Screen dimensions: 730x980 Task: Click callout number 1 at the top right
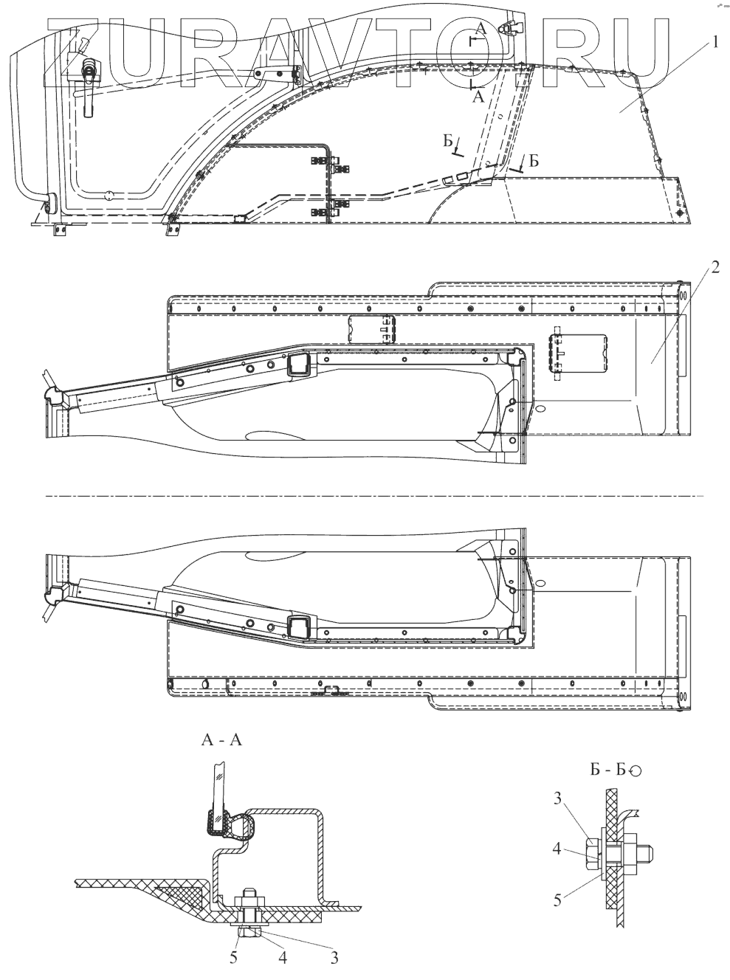tap(714, 44)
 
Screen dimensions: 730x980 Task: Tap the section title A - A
tap(221, 742)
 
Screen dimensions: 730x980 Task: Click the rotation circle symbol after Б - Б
tap(636, 770)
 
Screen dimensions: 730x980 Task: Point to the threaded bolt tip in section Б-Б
tap(655, 854)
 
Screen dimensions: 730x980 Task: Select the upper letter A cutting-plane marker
tap(481, 29)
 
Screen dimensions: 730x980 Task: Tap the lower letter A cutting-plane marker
tap(478, 96)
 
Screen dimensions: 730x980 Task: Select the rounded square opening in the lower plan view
tap(298, 628)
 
